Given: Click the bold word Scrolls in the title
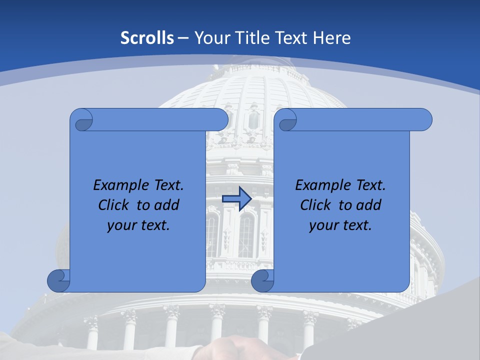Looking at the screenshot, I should coord(147,38).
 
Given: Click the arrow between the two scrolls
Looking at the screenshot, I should coord(236,199).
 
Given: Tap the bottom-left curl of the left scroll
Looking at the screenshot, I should coord(58,280).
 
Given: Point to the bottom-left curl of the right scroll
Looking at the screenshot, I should coord(262,280).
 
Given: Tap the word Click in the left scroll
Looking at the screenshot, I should coord(114,205).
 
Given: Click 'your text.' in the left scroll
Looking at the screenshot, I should coord(138,225).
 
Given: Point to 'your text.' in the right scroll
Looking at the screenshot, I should coord(340,225).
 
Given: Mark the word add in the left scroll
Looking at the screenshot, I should coord(167,205).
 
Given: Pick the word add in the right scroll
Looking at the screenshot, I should coord(369,205).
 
